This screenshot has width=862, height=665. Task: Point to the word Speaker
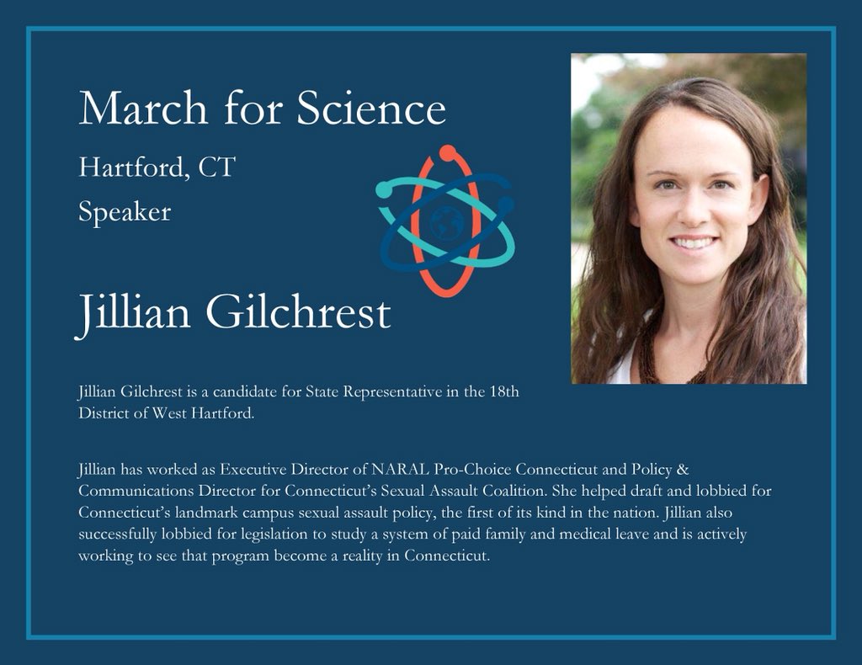click(x=125, y=212)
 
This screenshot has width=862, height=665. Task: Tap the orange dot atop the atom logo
click(x=448, y=152)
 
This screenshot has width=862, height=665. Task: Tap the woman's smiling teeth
click(x=693, y=242)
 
